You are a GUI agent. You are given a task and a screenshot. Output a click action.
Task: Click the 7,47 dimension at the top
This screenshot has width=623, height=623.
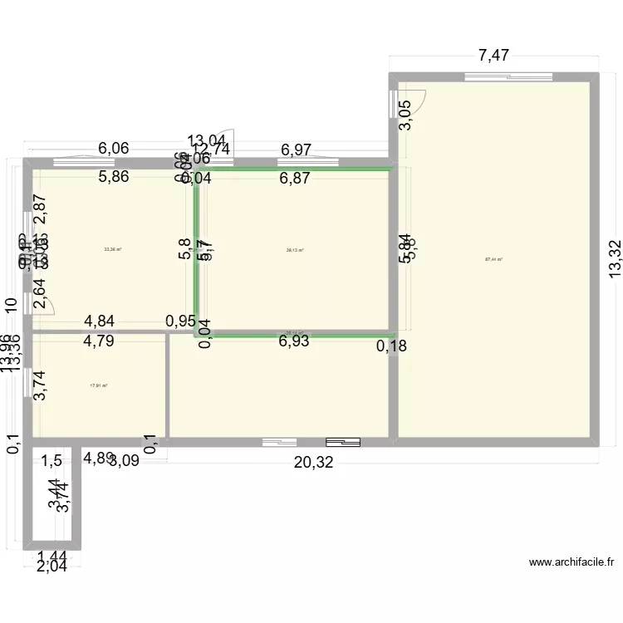(x=493, y=56)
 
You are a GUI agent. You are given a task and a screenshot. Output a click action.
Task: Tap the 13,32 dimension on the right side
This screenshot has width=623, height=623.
(x=614, y=259)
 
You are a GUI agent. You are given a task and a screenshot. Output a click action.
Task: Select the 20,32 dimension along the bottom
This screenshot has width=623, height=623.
(x=313, y=463)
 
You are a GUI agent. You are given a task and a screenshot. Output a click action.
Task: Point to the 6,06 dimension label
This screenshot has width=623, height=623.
(x=114, y=149)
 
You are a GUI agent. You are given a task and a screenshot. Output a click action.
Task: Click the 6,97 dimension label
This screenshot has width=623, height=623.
(x=296, y=150)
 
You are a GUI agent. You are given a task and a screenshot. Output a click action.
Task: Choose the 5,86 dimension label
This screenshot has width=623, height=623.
(x=114, y=176)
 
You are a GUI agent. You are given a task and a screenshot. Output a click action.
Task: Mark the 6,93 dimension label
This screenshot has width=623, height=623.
(x=296, y=341)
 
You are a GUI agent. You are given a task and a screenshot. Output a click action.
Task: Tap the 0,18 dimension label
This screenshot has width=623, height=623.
(x=391, y=346)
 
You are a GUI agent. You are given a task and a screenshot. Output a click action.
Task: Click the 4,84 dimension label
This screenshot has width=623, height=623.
(x=102, y=321)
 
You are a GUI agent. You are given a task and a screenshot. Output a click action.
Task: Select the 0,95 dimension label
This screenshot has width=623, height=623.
(x=180, y=321)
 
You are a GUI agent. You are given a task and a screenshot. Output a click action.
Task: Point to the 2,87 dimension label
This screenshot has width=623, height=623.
(x=39, y=211)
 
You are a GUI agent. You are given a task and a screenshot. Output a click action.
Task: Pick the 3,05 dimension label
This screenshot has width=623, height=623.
(x=405, y=115)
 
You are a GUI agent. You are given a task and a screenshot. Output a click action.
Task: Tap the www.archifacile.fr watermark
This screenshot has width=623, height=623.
(x=571, y=562)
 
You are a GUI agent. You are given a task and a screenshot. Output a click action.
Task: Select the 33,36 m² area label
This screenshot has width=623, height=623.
(x=112, y=248)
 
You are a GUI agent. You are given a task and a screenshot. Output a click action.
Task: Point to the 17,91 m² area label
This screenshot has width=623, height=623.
(x=99, y=385)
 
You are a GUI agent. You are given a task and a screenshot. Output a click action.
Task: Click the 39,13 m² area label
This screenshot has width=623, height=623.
(x=295, y=249)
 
